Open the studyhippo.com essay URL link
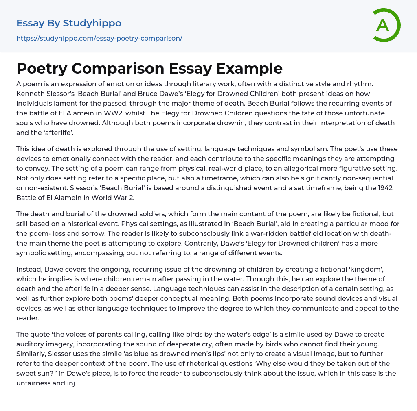(99, 38)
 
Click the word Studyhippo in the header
(92, 23)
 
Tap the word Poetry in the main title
(41, 68)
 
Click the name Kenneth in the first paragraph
(30, 93)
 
